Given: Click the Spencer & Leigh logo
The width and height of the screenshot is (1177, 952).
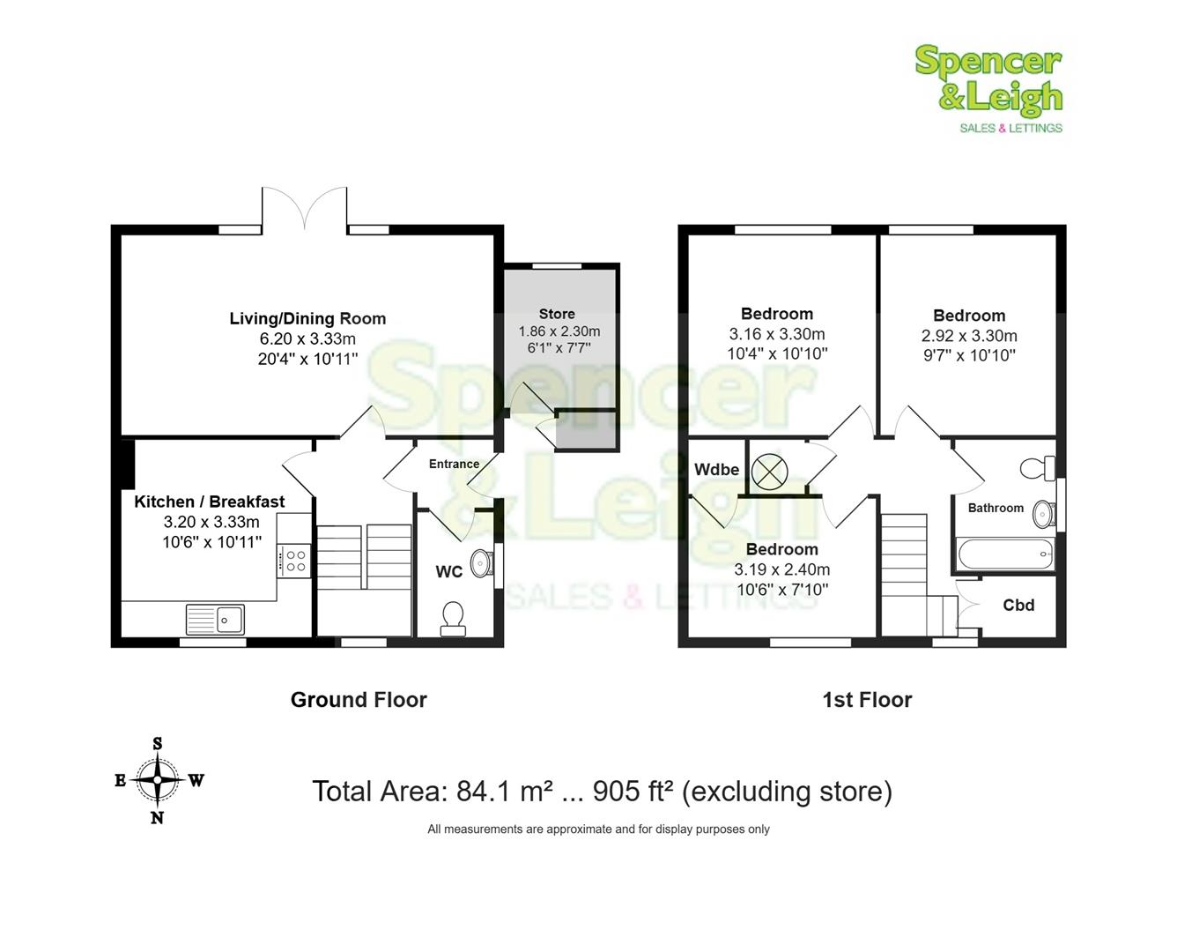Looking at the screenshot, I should pos(988,89).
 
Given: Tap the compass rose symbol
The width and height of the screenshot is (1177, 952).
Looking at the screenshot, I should pos(158,780).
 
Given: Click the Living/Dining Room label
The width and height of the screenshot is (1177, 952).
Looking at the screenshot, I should pos(307,318).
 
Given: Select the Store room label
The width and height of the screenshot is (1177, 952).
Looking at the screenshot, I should pos(557,314).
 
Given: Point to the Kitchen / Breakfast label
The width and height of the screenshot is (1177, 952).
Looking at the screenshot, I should pos(210,502).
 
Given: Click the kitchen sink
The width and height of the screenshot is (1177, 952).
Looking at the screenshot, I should pos(216,619).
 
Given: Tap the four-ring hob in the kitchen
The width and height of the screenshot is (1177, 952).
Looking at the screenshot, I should pos(295,561).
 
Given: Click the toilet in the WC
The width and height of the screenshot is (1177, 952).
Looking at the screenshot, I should pos(453,618).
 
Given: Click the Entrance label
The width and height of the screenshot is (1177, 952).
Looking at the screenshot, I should pos(454,464).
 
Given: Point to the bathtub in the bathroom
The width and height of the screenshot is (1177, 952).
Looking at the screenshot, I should pos(1005,554).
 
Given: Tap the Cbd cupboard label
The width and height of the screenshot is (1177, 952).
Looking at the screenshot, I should pos(1018,606).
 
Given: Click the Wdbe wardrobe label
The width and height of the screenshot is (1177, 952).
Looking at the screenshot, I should pos(716,469).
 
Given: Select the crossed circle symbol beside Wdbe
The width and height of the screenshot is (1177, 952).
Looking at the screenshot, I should pos(769,472).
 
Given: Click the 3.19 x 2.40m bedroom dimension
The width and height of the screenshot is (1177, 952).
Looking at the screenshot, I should pos(781,569).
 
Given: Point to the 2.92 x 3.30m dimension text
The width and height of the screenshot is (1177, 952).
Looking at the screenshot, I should pos(969,336).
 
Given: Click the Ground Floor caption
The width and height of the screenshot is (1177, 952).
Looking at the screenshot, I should pos(359,700).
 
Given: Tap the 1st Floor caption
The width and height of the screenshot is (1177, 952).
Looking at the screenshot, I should pos(867,700).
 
